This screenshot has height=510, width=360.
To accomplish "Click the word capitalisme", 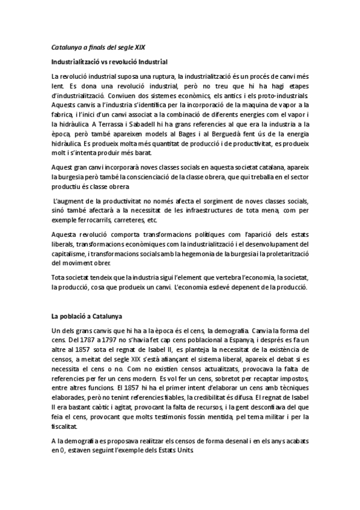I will (71, 253).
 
